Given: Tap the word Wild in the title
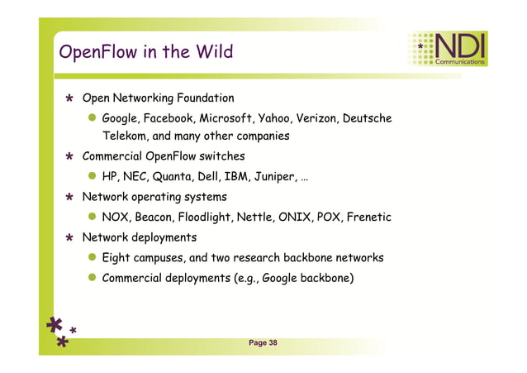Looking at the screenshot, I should click(214, 53).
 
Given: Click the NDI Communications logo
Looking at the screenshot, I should click(447, 49).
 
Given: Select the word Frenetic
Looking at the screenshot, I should click(365, 218).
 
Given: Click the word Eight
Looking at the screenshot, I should click(119, 258).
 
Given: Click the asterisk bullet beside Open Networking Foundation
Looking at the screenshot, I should click(71, 99).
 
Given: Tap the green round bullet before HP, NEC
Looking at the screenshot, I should click(93, 176).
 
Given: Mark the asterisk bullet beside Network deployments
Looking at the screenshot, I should click(71, 238).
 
